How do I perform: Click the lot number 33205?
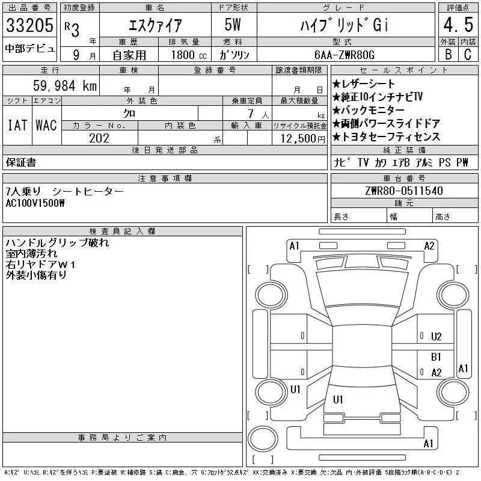pyautogui.click(x=29, y=25)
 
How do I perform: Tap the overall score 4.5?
pyautogui.click(x=458, y=25)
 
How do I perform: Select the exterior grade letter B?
pyautogui.click(x=448, y=54)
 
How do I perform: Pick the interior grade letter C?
pyautogui.click(x=468, y=54)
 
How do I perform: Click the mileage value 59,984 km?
pyautogui.click(x=65, y=85)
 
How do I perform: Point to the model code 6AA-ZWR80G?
pyautogui.click(x=345, y=55)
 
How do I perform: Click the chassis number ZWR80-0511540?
pyautogui.click(x=404, y=191)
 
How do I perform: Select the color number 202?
pyautogui.click(x=99, y=138)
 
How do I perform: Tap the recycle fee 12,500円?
pyautogui.click(x=302, y=139)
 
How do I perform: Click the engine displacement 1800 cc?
pyautogui.click(x=189, y=55)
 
